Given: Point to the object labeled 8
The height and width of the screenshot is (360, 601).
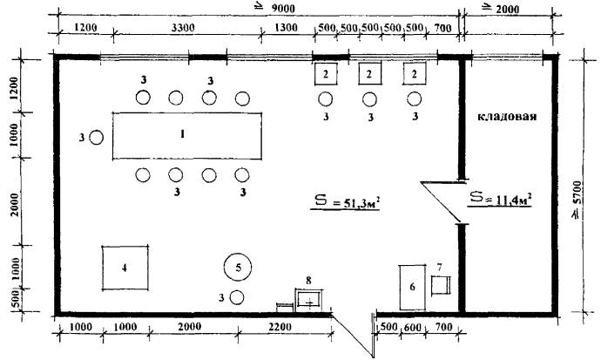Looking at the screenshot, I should coord(309,299).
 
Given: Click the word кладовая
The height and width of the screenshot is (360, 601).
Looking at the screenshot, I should coord(509,116).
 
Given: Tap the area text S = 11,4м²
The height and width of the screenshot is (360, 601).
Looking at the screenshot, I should coord(500,199).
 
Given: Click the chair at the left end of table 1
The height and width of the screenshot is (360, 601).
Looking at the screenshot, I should coord(98,137).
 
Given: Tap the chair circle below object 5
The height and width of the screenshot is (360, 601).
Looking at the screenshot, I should coord(236,297).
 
